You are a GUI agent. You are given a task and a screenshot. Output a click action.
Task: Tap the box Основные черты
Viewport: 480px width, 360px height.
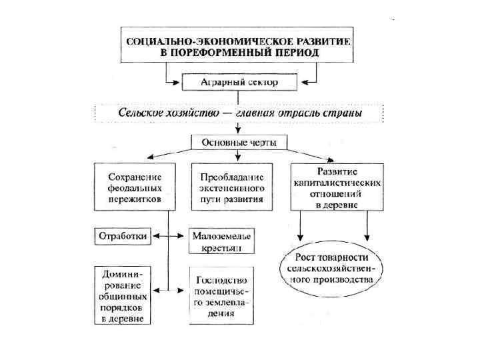click(x=239, y=142)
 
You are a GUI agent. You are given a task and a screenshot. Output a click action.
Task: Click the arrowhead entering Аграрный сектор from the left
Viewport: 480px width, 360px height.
click(x=178, y=83)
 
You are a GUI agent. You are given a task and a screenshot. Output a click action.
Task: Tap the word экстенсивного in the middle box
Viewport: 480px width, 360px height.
click(x=232, y=187)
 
